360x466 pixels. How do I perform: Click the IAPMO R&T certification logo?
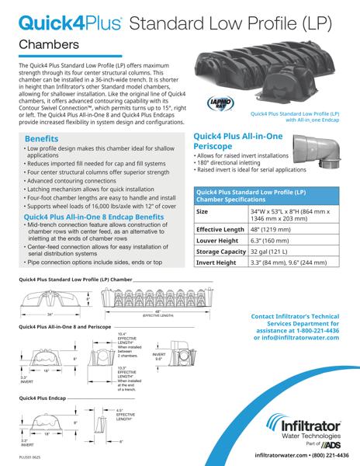coord(219,104)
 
